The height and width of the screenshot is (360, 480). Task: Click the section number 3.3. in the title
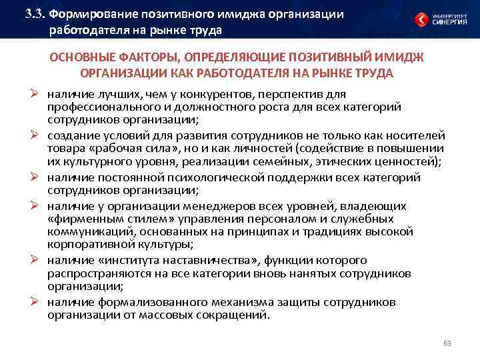pyautogui.click(x=34, y=13)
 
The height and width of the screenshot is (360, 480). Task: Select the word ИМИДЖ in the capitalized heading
pyautogui.click(x=409, y=58)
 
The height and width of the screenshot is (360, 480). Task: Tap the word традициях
pyautogui.click(x=346, y=233)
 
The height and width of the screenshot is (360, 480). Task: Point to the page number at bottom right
pyautogui.click(x=447, y=343)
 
